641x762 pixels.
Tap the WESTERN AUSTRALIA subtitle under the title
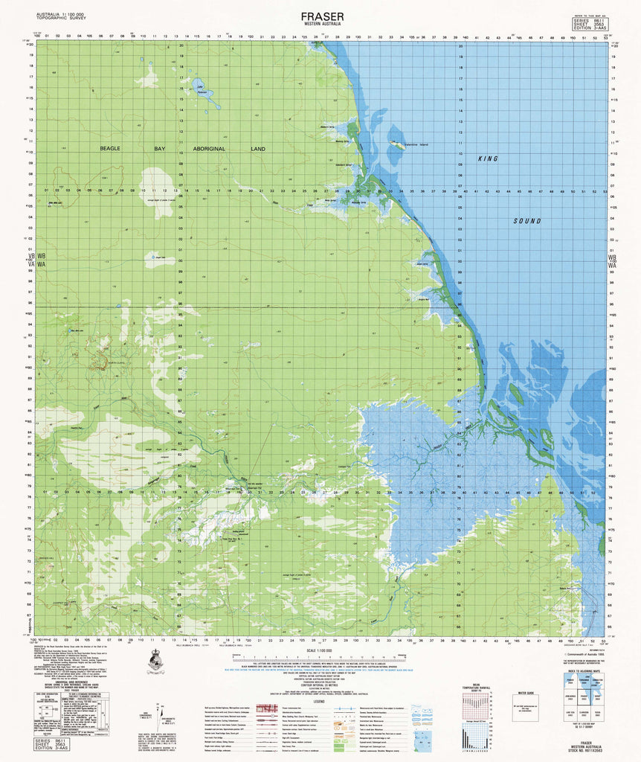(322, 25)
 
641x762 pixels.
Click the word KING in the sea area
(488, 159)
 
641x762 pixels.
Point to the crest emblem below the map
(157, 659)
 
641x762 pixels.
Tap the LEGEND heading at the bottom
(319, 700)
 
